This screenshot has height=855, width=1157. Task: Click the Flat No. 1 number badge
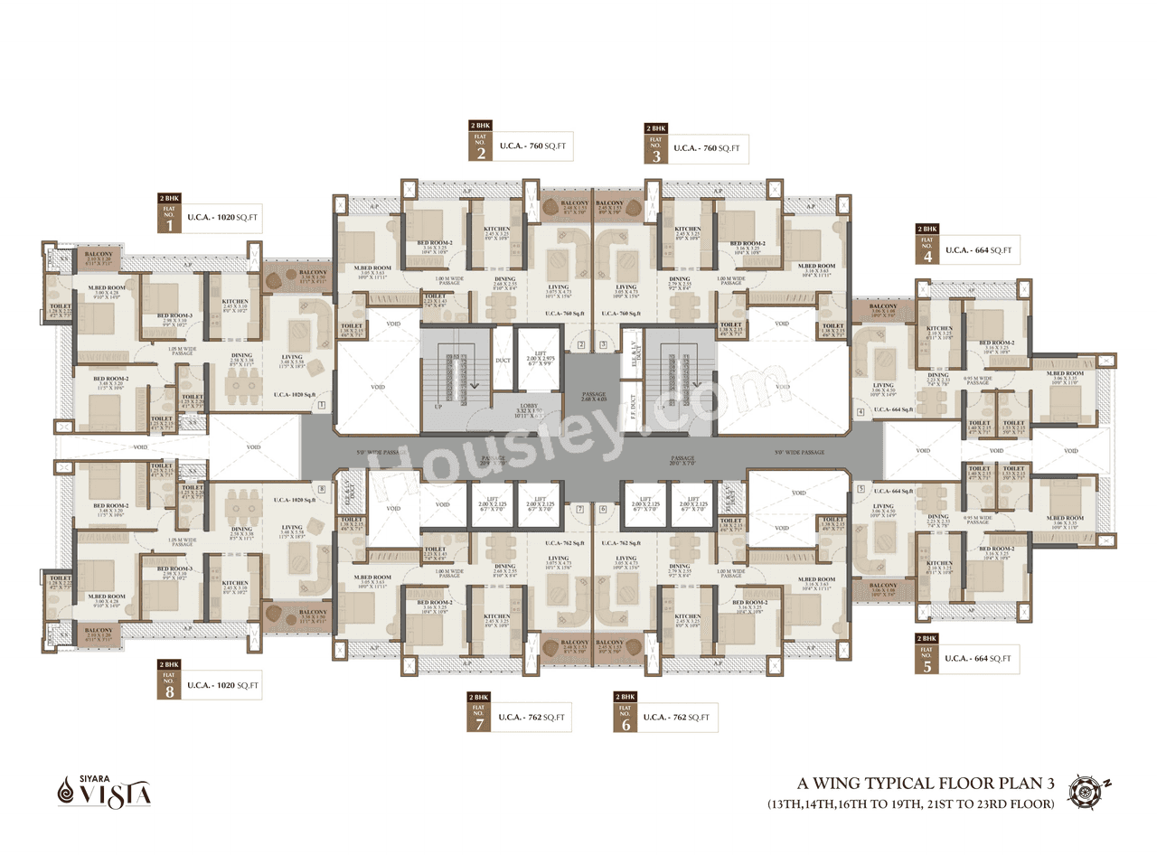pyautogui.click(x=169, y=218)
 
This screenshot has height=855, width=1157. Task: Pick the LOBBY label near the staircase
pyautogui.click(x=530, y=409)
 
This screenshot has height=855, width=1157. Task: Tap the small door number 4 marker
pyautogui.click(x=861, y=413)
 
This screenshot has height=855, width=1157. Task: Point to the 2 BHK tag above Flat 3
pyautogui.click(x=655, y=129)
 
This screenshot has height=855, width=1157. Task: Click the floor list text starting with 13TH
pyautogui.click(x=910, y=803)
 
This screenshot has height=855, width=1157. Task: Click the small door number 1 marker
pyautogui.click(x=321, y=407)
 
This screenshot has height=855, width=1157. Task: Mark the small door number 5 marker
pyautogui.click(x=861, y=488)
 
